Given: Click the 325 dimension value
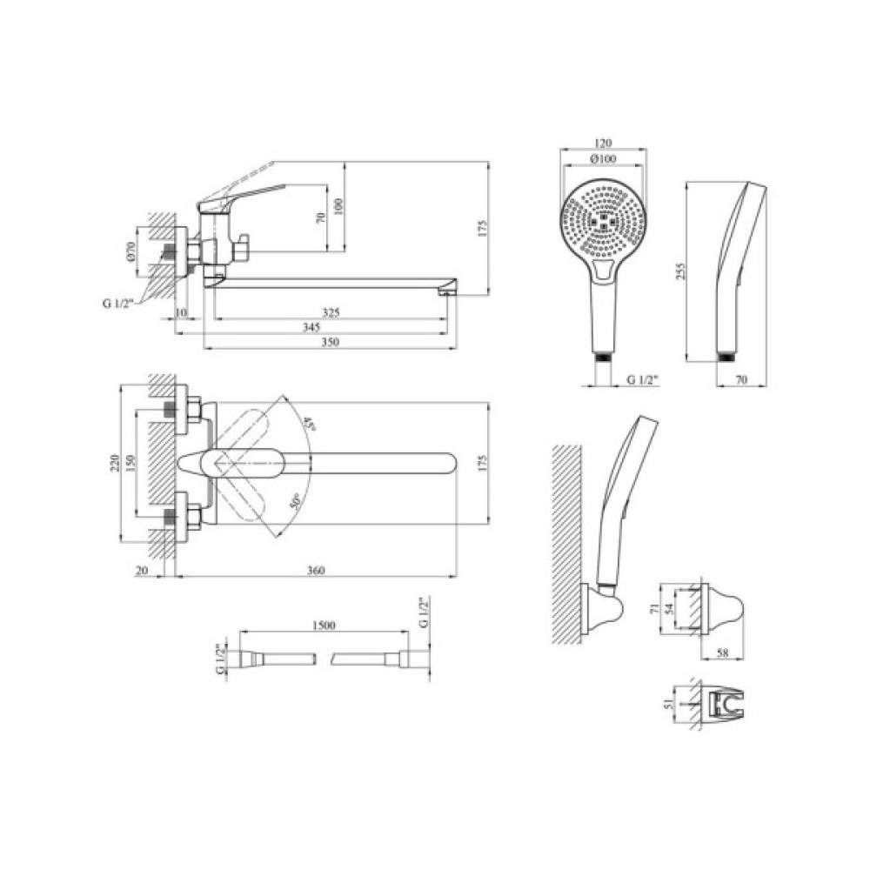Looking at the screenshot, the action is [330, 313].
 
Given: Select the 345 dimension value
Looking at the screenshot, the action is [311, 327].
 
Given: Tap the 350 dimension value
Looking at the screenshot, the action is [330, 342].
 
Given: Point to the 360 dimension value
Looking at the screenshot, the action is [315, 570].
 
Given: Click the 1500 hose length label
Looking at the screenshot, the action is [324, 626].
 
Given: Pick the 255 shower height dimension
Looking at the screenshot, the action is [681, 271].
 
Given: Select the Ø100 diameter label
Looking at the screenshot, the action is [603, 159].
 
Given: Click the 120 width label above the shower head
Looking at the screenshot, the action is [603, 144].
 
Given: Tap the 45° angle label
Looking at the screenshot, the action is [309, 425].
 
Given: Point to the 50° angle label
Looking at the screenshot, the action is [295, 502].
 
